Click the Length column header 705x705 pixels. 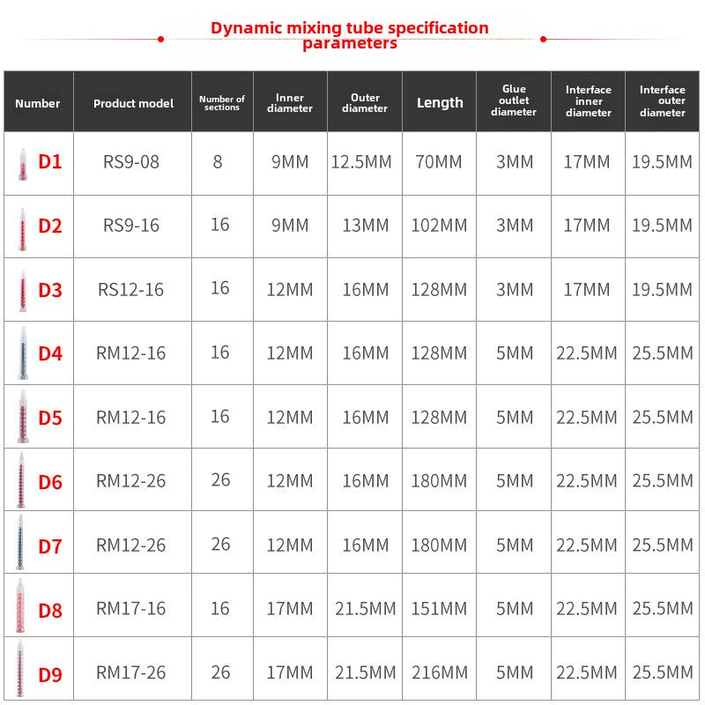(440, 102)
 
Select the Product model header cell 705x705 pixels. (133, 103)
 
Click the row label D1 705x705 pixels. (50, 162)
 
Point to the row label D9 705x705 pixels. (50, 674)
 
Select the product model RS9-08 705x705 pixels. (131, 162)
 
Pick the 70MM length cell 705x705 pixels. (439, 162)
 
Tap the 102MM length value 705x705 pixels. (439, 226)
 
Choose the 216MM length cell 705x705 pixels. (439, 672)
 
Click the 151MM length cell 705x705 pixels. (439, 609)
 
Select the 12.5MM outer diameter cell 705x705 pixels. (365, 162)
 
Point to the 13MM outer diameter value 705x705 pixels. (365, 226)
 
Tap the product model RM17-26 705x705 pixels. (130, 672)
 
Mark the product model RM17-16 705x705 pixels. (130, 609)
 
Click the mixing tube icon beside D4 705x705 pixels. (21, 352)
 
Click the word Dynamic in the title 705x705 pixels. (249, 27)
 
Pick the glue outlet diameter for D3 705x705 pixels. (514, 290)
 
